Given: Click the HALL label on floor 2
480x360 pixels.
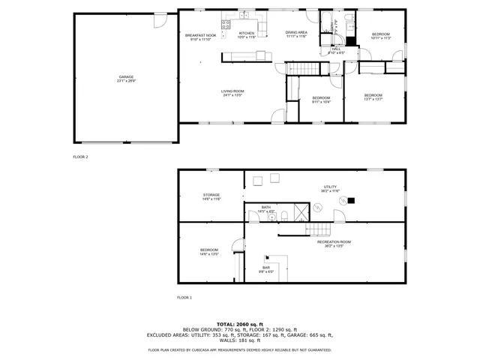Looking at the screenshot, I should [x=336, y=50].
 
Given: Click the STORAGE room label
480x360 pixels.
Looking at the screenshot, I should [x=211, y=196].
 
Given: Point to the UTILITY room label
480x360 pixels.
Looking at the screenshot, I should [x=331, y=189].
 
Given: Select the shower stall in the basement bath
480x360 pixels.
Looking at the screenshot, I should [x=298, y=212].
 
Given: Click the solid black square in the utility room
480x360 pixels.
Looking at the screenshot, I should [x=352, y=199].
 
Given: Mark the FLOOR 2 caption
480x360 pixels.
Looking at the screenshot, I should [x=80, y=157].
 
